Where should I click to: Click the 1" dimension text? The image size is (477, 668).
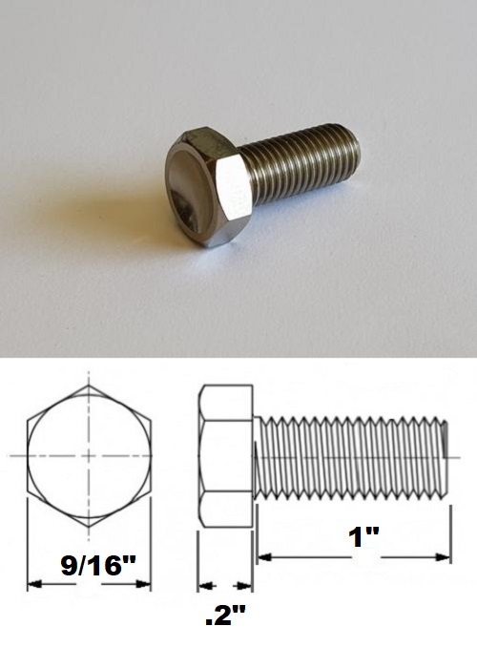point(363,536)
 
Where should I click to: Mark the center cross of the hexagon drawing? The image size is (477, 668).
point(89,456)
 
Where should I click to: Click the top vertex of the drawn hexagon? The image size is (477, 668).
point(89,386)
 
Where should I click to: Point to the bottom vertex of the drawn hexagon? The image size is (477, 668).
point(89,527)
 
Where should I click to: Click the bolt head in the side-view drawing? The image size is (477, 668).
point(225,456)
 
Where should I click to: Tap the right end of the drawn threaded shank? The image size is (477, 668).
point(446,456)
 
